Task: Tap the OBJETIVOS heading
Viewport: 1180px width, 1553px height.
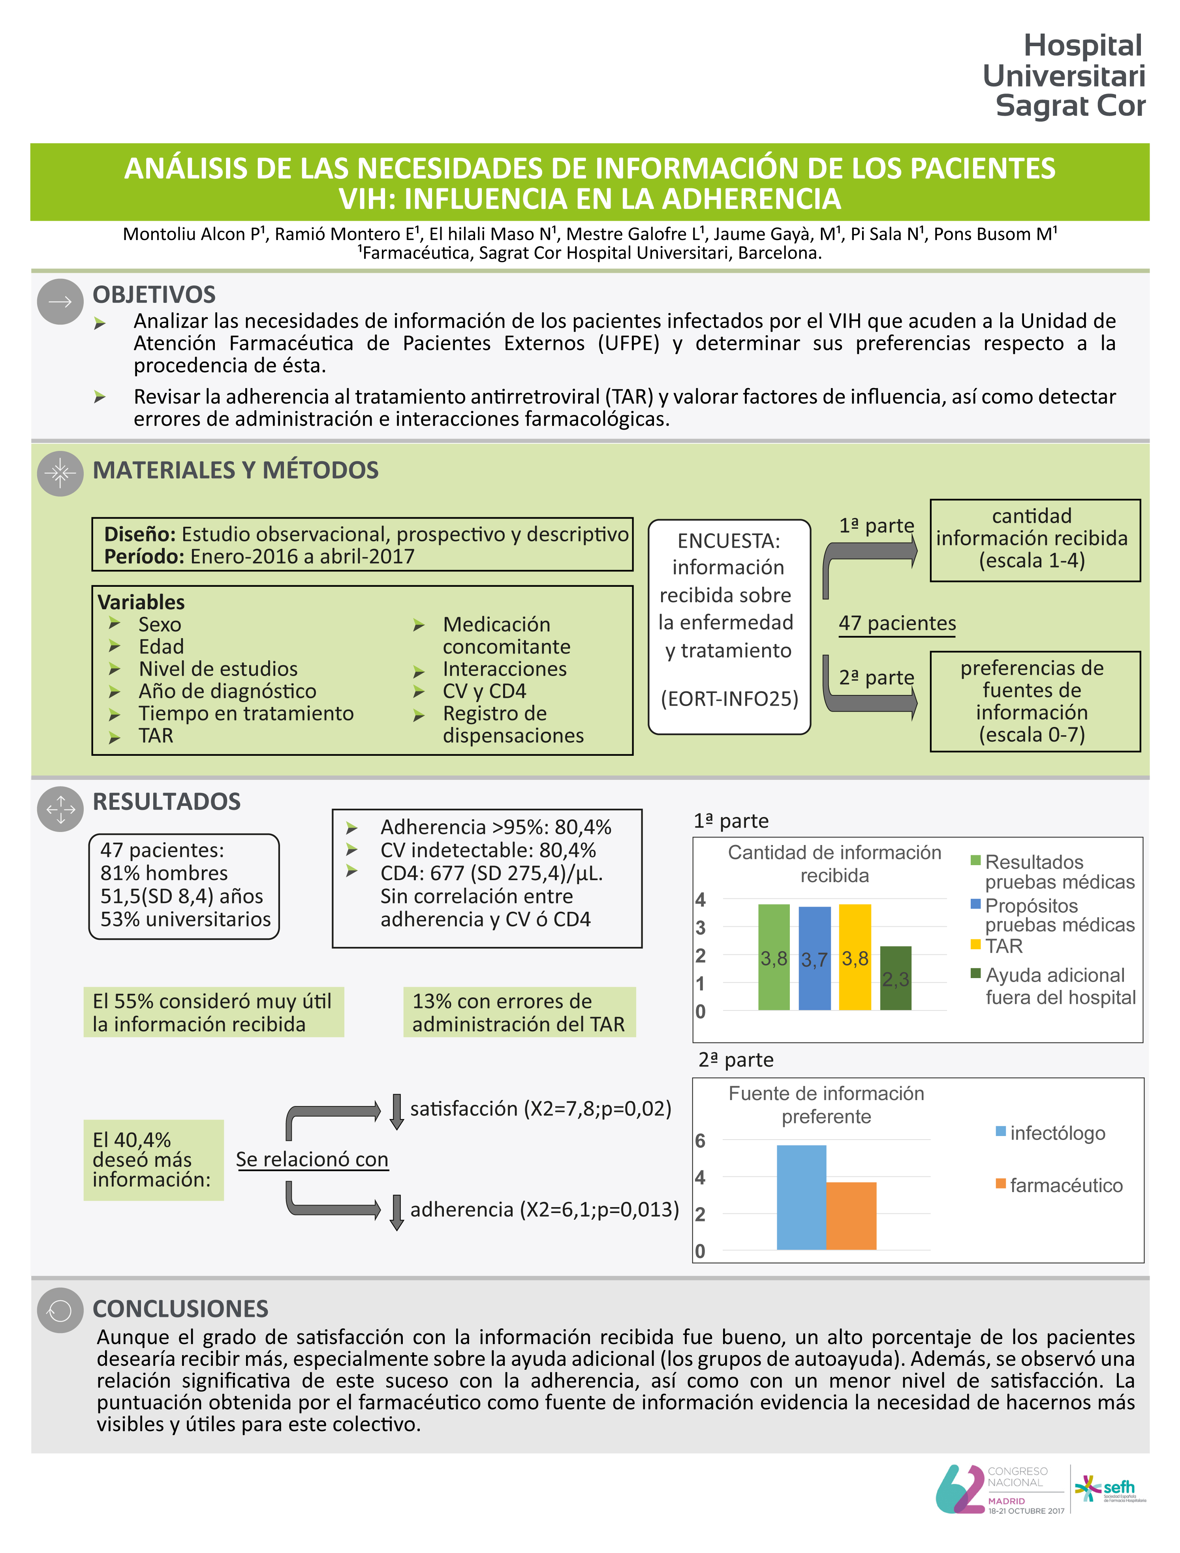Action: pos(154,294)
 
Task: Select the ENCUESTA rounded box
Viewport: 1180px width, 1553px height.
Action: pos(729,627)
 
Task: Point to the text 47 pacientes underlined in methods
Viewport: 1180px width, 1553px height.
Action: pos(897,624)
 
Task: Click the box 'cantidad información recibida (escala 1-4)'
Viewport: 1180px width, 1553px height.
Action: pos(1035,539)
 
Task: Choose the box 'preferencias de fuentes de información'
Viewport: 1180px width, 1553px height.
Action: pos(1035,701)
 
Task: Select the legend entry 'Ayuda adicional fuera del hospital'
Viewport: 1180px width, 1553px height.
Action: pos(1054,986)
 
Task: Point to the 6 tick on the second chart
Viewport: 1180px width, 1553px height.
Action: pos(700,1141)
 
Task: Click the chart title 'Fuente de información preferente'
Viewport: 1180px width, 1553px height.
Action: pos(826,1105)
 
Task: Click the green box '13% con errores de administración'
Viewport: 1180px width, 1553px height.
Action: pos(519,1012)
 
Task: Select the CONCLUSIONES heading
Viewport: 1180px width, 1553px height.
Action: pos(180,1309)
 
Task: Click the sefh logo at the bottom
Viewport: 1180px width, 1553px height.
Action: pos(1110,1488)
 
